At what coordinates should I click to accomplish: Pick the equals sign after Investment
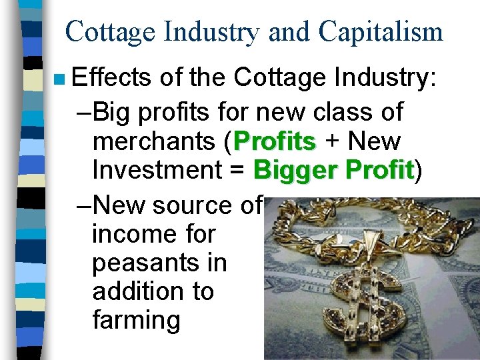[x=240, y=171]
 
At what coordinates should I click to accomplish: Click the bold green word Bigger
[x=297, y=171]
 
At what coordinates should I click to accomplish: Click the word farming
[x=137, y=320]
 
